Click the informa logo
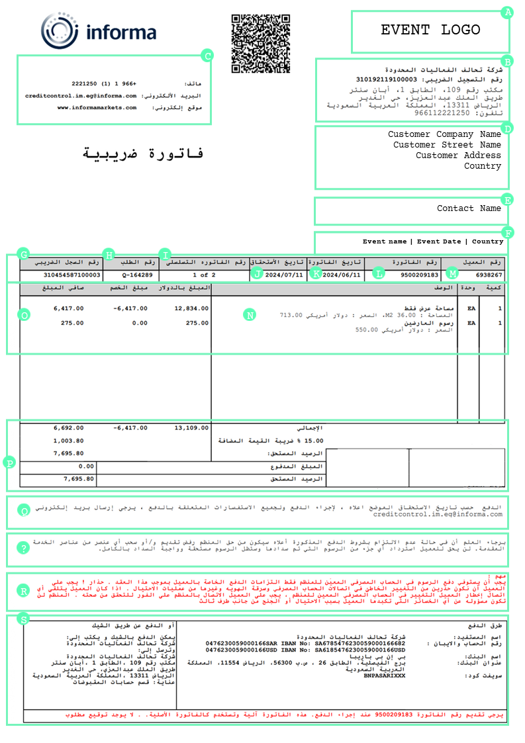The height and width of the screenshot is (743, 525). click(99, 31)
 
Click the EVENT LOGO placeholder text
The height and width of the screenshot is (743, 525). click(430, 30)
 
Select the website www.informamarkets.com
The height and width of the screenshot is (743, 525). click(97, 107)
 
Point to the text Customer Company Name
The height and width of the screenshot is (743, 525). click(444, 134)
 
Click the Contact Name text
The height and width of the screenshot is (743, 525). click(469, 208)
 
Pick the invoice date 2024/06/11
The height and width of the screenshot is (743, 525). click(342, 275)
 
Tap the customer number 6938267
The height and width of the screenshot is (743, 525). click(489, 275)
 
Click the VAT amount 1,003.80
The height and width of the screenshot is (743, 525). click(69, 441)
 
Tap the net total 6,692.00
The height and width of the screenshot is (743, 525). click(69, 428)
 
